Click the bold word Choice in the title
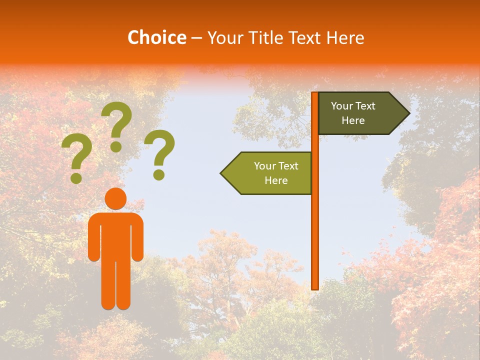(156, 38)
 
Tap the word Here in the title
(345, 38)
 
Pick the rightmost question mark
(160, 154)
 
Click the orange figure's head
(115, 199)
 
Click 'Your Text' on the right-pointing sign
(353, 106)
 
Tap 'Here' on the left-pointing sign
(276, 180)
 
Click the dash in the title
(196, 38)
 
